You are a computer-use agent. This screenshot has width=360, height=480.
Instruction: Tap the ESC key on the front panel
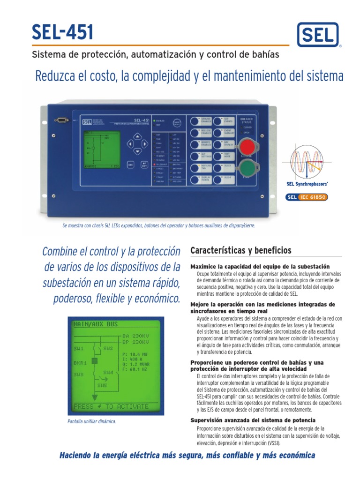(131, 165)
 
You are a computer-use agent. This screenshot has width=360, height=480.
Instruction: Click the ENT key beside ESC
(144, 165)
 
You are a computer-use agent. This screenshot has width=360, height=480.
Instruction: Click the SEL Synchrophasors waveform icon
(307, 162)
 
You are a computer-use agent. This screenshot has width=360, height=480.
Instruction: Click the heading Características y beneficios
(241, 250)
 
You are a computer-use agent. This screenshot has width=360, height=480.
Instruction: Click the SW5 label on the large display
(102, 385)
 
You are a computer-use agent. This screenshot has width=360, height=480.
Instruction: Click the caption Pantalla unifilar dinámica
(92, 421)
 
